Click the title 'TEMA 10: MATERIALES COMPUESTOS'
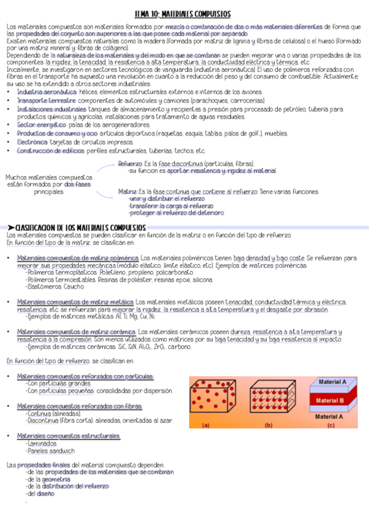[x=183, y=14]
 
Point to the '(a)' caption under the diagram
[x=205, y=425]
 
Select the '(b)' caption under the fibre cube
[x=268, y=425]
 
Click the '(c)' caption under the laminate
[x=331, y=425]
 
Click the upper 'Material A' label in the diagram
[x=330, y=382]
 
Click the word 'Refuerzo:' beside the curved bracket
[x=129, y=164]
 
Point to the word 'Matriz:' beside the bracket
[x=128, y=191]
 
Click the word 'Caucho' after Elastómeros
[x=74, y=287]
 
